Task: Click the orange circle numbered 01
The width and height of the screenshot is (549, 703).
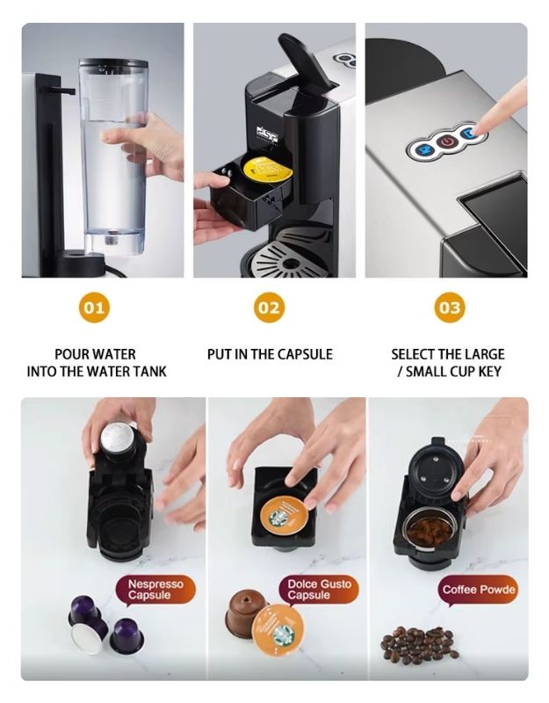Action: pyautogui.click(x=94, y=308)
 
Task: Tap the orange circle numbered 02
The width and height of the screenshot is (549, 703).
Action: pyautogui.click(x=269, y=308)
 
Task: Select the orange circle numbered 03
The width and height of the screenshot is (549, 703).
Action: pyautogui.click(x=449, y=308)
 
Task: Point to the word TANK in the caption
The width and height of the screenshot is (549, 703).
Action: pyautogui.click(x=145, y=372)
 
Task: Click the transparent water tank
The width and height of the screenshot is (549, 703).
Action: pyautogui.click(x=111, y=149)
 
